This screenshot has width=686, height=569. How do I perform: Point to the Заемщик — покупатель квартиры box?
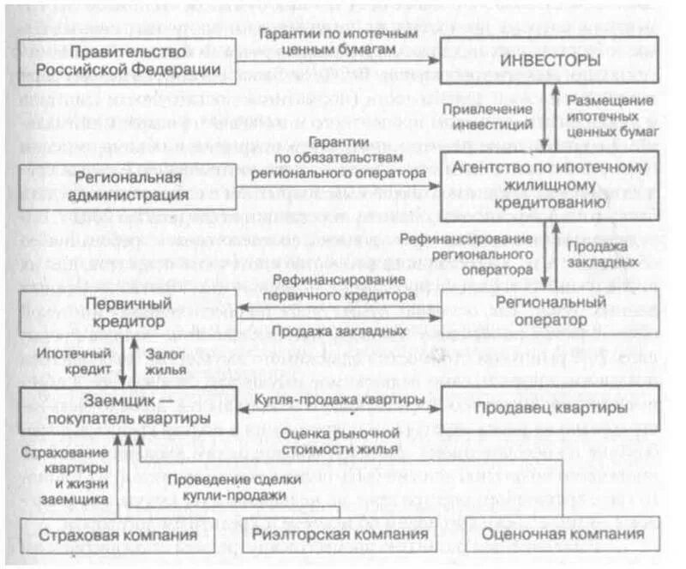pos(125,409)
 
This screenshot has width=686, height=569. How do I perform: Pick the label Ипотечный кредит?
pos(72,361)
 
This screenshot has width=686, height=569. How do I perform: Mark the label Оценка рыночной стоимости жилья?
pos(341,440)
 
